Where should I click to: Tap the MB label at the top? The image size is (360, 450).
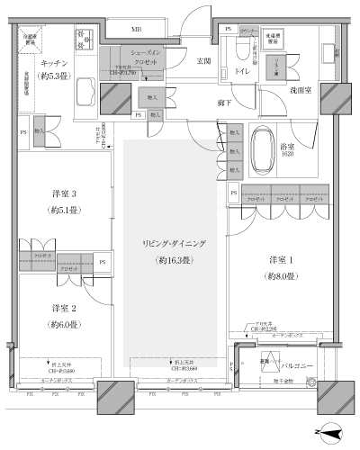136,30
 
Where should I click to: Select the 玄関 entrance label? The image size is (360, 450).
203,61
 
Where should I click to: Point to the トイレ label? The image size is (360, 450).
242,69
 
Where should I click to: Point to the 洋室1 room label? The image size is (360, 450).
282,261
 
